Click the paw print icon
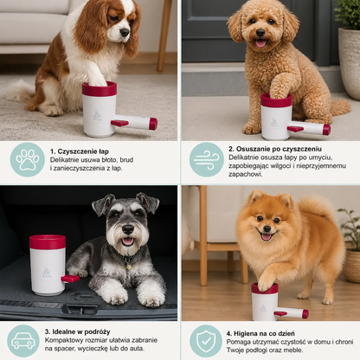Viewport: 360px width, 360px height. coord(28,159)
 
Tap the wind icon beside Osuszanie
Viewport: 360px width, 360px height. coord(207,159)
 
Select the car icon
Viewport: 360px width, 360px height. coord(23,341)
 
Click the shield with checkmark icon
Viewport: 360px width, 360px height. coord(206,341)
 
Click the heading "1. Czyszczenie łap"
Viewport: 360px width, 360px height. coord(80,151)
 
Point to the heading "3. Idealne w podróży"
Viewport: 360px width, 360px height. coord(77,331)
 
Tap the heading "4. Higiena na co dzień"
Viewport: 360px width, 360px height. coord(260,333)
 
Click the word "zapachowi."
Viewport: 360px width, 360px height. coord(246,174)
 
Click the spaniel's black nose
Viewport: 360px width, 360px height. coord(125,32)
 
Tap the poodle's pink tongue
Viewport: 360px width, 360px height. coord(261,43)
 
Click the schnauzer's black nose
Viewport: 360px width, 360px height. coord(128,229)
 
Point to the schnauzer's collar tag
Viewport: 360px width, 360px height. coord(128,266)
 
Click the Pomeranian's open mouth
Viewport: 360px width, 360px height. coord(267,236)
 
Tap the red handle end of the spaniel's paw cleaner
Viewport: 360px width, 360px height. coord(153,124)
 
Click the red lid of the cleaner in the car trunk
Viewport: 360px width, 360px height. coord(48,242)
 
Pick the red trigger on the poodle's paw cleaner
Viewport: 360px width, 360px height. coord(295,129)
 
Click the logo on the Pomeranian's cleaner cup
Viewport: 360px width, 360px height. coord(263,308)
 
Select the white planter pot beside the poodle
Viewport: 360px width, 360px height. coord(350,62)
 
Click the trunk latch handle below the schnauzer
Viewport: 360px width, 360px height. coord(80,310)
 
